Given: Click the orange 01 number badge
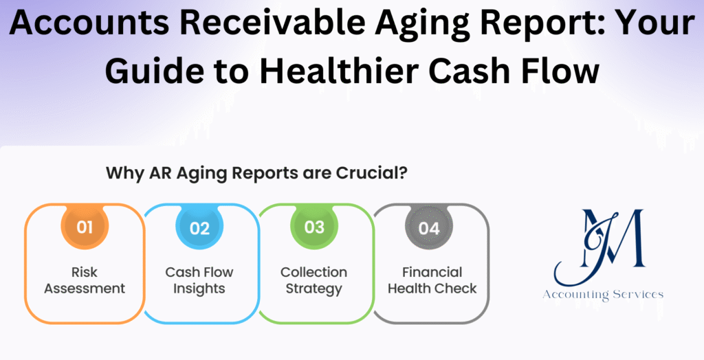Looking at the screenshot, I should tap(85, 227).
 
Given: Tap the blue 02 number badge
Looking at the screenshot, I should tap(199, 227).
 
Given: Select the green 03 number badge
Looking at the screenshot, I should tap(314, 227).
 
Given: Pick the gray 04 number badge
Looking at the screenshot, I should tap(429, 227).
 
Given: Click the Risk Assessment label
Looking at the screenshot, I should tap(85, 280).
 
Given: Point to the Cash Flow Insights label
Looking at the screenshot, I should tap(199, 280).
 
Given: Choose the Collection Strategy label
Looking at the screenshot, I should tap(314, 280).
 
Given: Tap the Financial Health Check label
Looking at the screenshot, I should tap(432, 280).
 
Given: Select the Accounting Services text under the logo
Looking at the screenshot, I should tap(602, 294).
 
